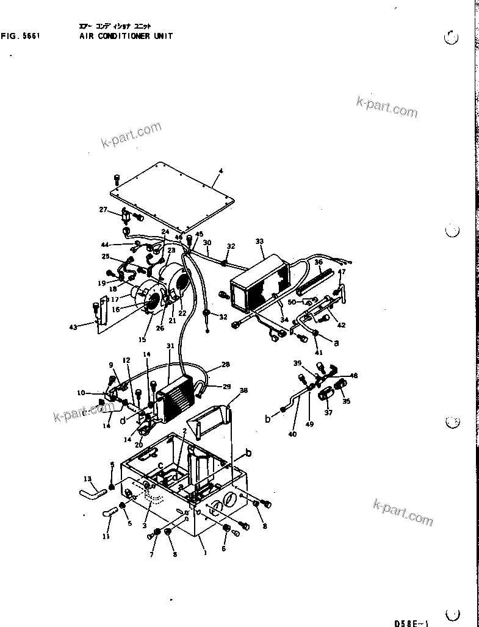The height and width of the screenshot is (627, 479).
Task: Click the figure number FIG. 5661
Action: [x=21, y=36]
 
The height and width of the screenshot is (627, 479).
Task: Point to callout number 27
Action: [x=103, y=210]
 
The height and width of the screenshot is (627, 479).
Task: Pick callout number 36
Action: [x=317, y=261]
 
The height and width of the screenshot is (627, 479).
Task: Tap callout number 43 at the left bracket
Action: [x=73, y=328]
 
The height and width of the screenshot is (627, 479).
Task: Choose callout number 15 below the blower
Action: [x=143, y=340]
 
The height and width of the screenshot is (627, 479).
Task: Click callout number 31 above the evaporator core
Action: [x=171, y=346]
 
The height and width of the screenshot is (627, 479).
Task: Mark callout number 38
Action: [x=243, y=390]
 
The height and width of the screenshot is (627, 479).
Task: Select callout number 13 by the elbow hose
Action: [x=87, y=479]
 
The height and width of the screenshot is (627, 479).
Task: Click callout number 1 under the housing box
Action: [x=205, y=553]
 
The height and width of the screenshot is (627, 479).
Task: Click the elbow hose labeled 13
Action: [x=92, y=489]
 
